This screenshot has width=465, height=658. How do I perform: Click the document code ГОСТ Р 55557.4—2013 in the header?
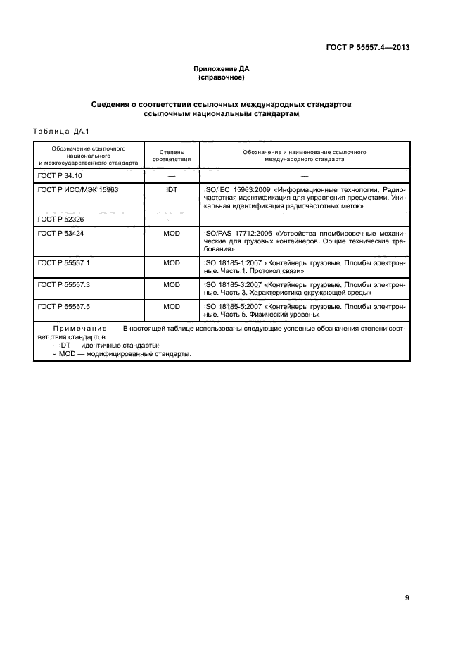tap(368, 48)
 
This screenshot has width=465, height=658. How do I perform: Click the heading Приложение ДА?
tap(222, 68)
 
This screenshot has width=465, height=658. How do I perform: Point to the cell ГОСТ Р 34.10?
tap(59, 175)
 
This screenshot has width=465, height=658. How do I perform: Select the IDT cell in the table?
tap(171, 189)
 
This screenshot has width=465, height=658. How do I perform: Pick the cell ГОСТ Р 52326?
tap(59, 220)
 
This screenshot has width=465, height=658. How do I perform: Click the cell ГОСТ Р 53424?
tap(59, 233)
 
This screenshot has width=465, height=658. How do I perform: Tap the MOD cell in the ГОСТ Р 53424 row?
tap(172, 233)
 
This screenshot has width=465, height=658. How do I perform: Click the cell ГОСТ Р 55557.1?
tap(62, 262)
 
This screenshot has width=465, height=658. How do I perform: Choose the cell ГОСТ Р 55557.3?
tap(62, 285)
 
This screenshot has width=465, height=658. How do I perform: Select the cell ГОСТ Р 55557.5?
tap(62, 308)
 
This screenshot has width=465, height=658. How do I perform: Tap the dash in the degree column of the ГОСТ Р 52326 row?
tap(171, 220)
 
